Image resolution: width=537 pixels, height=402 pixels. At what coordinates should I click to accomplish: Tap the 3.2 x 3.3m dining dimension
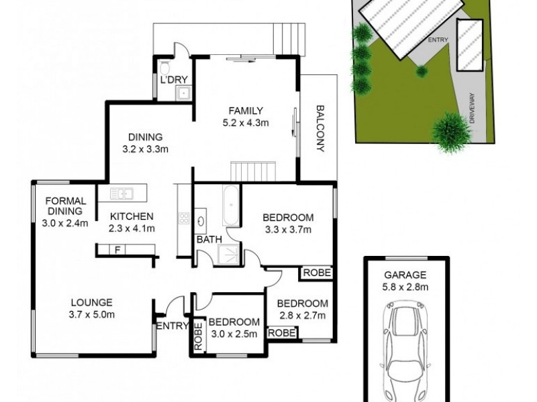(x=144, y=149)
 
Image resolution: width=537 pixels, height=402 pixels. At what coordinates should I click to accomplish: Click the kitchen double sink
(x=122, y=194)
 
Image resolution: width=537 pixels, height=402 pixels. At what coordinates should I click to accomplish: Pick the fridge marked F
(x=118, y=251)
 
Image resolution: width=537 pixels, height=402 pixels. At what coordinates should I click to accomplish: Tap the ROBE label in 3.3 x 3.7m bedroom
(x=315, y=273)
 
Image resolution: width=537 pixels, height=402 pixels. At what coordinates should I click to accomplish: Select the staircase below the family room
(x=252, y=170)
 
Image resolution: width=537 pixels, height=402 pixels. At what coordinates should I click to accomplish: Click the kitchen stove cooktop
(x=183, y=218)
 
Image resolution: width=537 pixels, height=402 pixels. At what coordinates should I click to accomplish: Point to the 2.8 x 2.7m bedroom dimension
(x=303, y=315)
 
